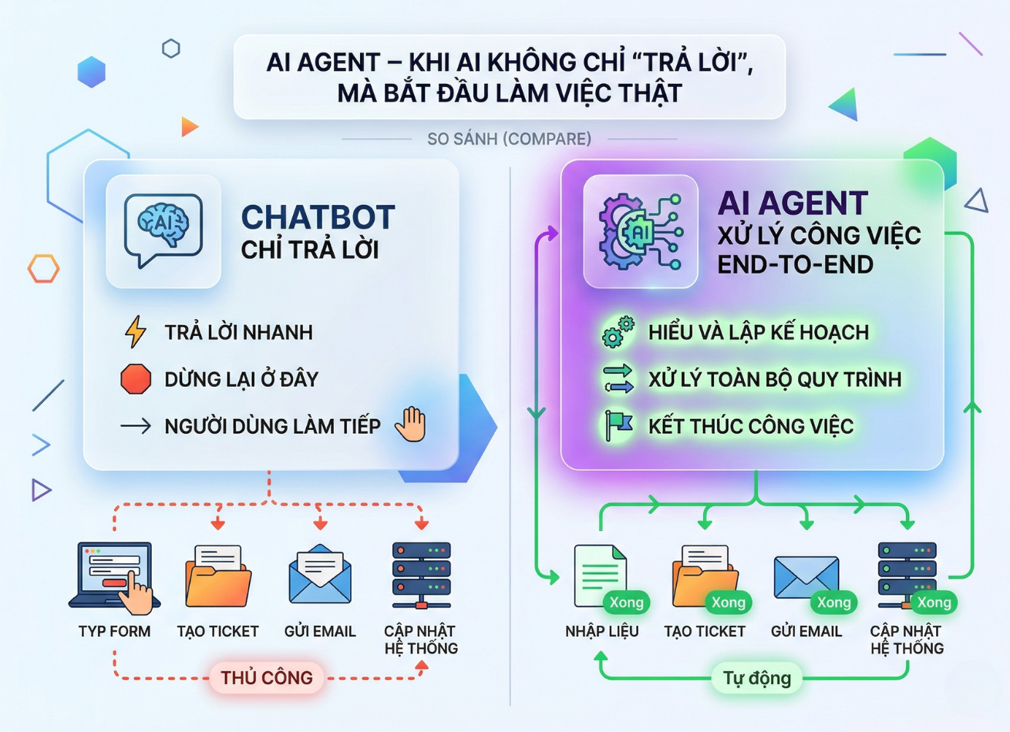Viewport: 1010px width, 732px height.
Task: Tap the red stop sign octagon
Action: [136, 379]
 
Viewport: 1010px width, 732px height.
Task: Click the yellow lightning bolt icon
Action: [136, 331]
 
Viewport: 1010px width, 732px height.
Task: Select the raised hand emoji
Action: [411, 425]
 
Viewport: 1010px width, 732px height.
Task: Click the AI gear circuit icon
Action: [641, 231]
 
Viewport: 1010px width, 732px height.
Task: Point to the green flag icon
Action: [618, 425]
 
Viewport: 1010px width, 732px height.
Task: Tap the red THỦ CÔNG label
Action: [267, 678]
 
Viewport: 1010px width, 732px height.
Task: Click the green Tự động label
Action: [756, 678]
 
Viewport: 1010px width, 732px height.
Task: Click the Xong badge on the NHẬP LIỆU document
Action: [626, 603]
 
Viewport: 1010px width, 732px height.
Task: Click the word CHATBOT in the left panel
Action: [318, 218]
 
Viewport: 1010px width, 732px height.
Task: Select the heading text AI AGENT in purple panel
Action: [793, 203]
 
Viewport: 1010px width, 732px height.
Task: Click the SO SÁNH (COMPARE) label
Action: [509, 139]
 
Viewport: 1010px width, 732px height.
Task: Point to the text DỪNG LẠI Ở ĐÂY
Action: [241, 379]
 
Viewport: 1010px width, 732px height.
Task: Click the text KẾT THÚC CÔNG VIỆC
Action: [750, 426]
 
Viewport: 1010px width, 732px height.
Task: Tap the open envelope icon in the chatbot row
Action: [320, 575]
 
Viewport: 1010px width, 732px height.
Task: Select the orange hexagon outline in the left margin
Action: [43, 268]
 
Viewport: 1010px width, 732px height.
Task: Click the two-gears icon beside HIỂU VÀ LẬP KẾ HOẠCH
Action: [618, 331]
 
